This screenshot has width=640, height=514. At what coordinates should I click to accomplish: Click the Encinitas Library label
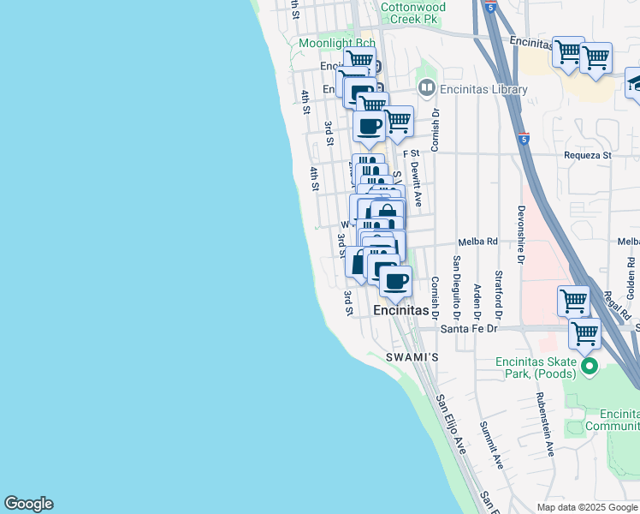click(483, 88)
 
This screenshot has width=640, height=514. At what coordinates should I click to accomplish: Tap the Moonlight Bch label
click(337, 43)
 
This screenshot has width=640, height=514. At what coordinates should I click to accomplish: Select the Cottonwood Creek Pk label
click(413, 11)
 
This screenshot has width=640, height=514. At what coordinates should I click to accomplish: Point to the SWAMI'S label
click(412, 356)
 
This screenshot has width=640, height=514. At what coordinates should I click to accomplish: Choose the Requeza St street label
click(588, 156)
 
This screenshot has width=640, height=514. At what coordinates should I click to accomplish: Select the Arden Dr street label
click(478, 290)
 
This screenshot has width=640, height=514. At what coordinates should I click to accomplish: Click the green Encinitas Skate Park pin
click(589, 368)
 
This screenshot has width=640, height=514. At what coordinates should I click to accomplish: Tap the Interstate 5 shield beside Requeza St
click(523, 138)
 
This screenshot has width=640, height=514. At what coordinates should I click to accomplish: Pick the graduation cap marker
click(635, 82)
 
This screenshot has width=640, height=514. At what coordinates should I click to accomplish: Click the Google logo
click(28, 504)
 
